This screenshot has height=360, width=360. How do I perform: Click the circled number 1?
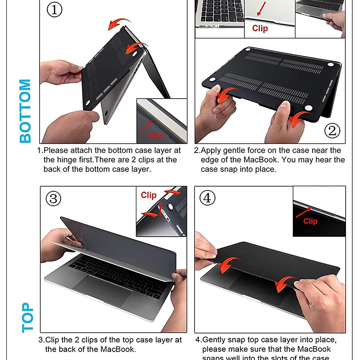click(x=54, y=10)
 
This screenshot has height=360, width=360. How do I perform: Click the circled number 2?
click(x=332, y=131)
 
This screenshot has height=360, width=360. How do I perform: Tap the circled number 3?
click(x=53, y=199)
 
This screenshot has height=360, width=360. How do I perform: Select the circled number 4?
click(x=207, y=198)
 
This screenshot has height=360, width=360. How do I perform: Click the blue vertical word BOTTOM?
click(x=25, y=111)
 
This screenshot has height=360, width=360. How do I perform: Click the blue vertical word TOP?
click(x=27, y=317)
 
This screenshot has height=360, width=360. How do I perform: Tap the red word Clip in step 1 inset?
click(x=155, y=136)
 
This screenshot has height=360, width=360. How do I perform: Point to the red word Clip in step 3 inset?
click(x=148, y=195)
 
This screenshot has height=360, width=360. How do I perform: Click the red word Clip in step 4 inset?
click(x=310, y=221)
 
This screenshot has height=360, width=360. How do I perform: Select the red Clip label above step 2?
click(x=260, y=28)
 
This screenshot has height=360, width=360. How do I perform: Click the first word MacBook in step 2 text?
click(x=261, y=160)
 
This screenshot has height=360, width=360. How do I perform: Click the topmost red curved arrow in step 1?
click(x=119, y=24)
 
